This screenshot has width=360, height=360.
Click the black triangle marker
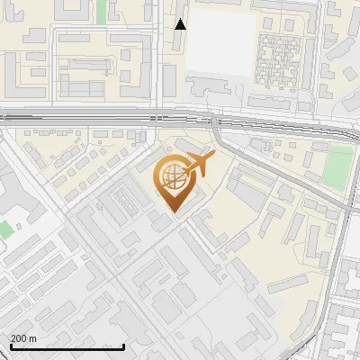coord(180,24)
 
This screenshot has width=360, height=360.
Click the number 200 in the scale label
coord(19,338)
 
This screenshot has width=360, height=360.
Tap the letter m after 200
coord(33,338)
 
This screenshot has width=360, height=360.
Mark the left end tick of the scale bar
coord(12,346)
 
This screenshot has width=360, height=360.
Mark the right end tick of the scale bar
coord(123,346)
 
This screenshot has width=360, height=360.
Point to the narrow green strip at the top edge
coord(101,11)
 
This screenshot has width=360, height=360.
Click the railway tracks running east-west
coord(90,117)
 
